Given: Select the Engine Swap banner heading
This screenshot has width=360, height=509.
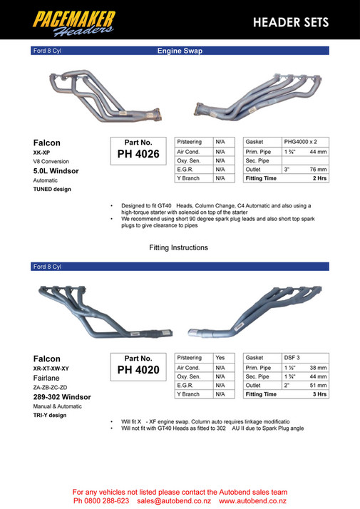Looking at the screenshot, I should click(x=180, y=51).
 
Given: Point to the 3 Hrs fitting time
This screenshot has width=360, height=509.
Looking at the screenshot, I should click(x=319, y=394).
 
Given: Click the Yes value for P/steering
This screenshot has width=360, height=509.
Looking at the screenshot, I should click(x=220, y=358).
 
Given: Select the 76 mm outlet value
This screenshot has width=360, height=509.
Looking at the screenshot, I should click(x=318, y=170).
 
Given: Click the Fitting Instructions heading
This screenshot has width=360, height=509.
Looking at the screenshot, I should click(x=178, y=248).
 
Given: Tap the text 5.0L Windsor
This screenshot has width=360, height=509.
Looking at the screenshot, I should click(x=56, y=171).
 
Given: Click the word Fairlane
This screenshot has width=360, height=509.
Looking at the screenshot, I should click(x=48, y=378).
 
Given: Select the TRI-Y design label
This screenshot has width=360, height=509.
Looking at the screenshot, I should click(x=50, y=415).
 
